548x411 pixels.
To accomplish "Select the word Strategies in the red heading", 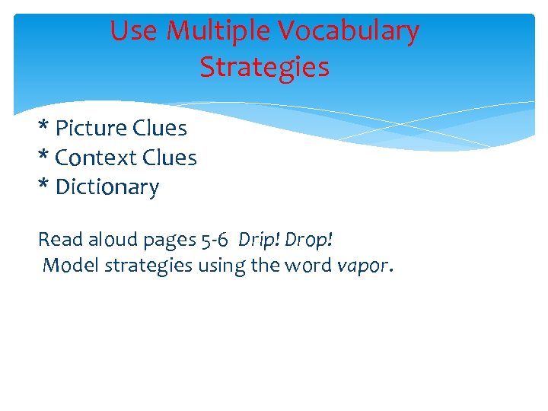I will pos(264,68).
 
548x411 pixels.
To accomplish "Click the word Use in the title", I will pos(134,31).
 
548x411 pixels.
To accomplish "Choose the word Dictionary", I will pos(107,187).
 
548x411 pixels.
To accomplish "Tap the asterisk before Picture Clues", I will pos(43,126).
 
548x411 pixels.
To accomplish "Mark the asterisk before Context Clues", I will pos(43,156).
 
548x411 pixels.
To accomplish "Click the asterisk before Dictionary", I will pos(43,185).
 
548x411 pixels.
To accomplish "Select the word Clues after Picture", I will pos(161,128).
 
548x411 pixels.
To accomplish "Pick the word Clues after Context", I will pos(170,158).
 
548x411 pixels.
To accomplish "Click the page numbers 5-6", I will pos(212,240).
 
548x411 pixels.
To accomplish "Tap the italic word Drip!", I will pos(257,240).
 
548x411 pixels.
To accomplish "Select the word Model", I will pos(66,266).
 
